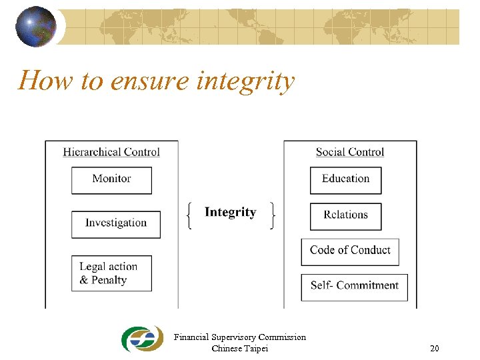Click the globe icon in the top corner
[x=36, y=27]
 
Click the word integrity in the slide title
[x=246, y=81]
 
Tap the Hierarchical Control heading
[x=111, y=152]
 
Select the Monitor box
[x=111, y=180]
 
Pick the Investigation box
[x=116, y=224]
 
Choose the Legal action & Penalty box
[x=111, y=273]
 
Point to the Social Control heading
[x=350, y=152]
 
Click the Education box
[x=345, y=180]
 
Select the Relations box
[x=345, y=216]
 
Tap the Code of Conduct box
[x=350, y=251]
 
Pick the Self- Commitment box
[x=354, y=287]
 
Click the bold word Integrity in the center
[x=230, y=213]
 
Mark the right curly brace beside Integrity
[x=273, y=216]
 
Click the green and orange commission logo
[x=142, y=339]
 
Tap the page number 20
[x=435, y=349]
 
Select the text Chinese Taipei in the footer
[x=239, y=348]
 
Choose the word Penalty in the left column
[x=109, y=280]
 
